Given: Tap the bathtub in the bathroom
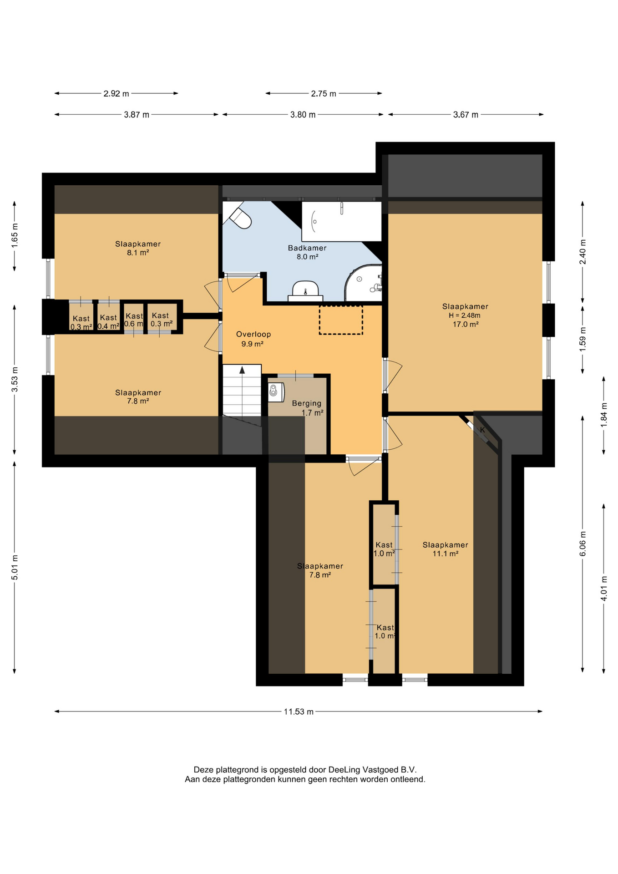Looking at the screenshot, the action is (x=341, y=221).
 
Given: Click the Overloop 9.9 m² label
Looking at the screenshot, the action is (x=253, y=339).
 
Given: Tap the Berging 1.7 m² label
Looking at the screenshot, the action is (x=308, y=408).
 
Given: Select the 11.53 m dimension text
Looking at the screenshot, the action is (x=299, y=711).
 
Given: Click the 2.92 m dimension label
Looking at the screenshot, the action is (x=116, y=94).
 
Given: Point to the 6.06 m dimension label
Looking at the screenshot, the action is (x=583, y=544).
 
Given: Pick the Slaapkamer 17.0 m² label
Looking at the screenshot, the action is (x=465, y=315).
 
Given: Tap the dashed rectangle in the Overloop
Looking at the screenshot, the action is (x=341, y=320).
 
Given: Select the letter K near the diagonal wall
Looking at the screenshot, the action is (x=482, y=430).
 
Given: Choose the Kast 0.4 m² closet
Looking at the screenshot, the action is (x=108, y=317).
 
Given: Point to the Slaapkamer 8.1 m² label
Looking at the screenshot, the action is (x=138, y=248).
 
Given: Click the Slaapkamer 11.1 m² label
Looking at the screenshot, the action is (x=445, y=549).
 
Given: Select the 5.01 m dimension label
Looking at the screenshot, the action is (x=15, y=568).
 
